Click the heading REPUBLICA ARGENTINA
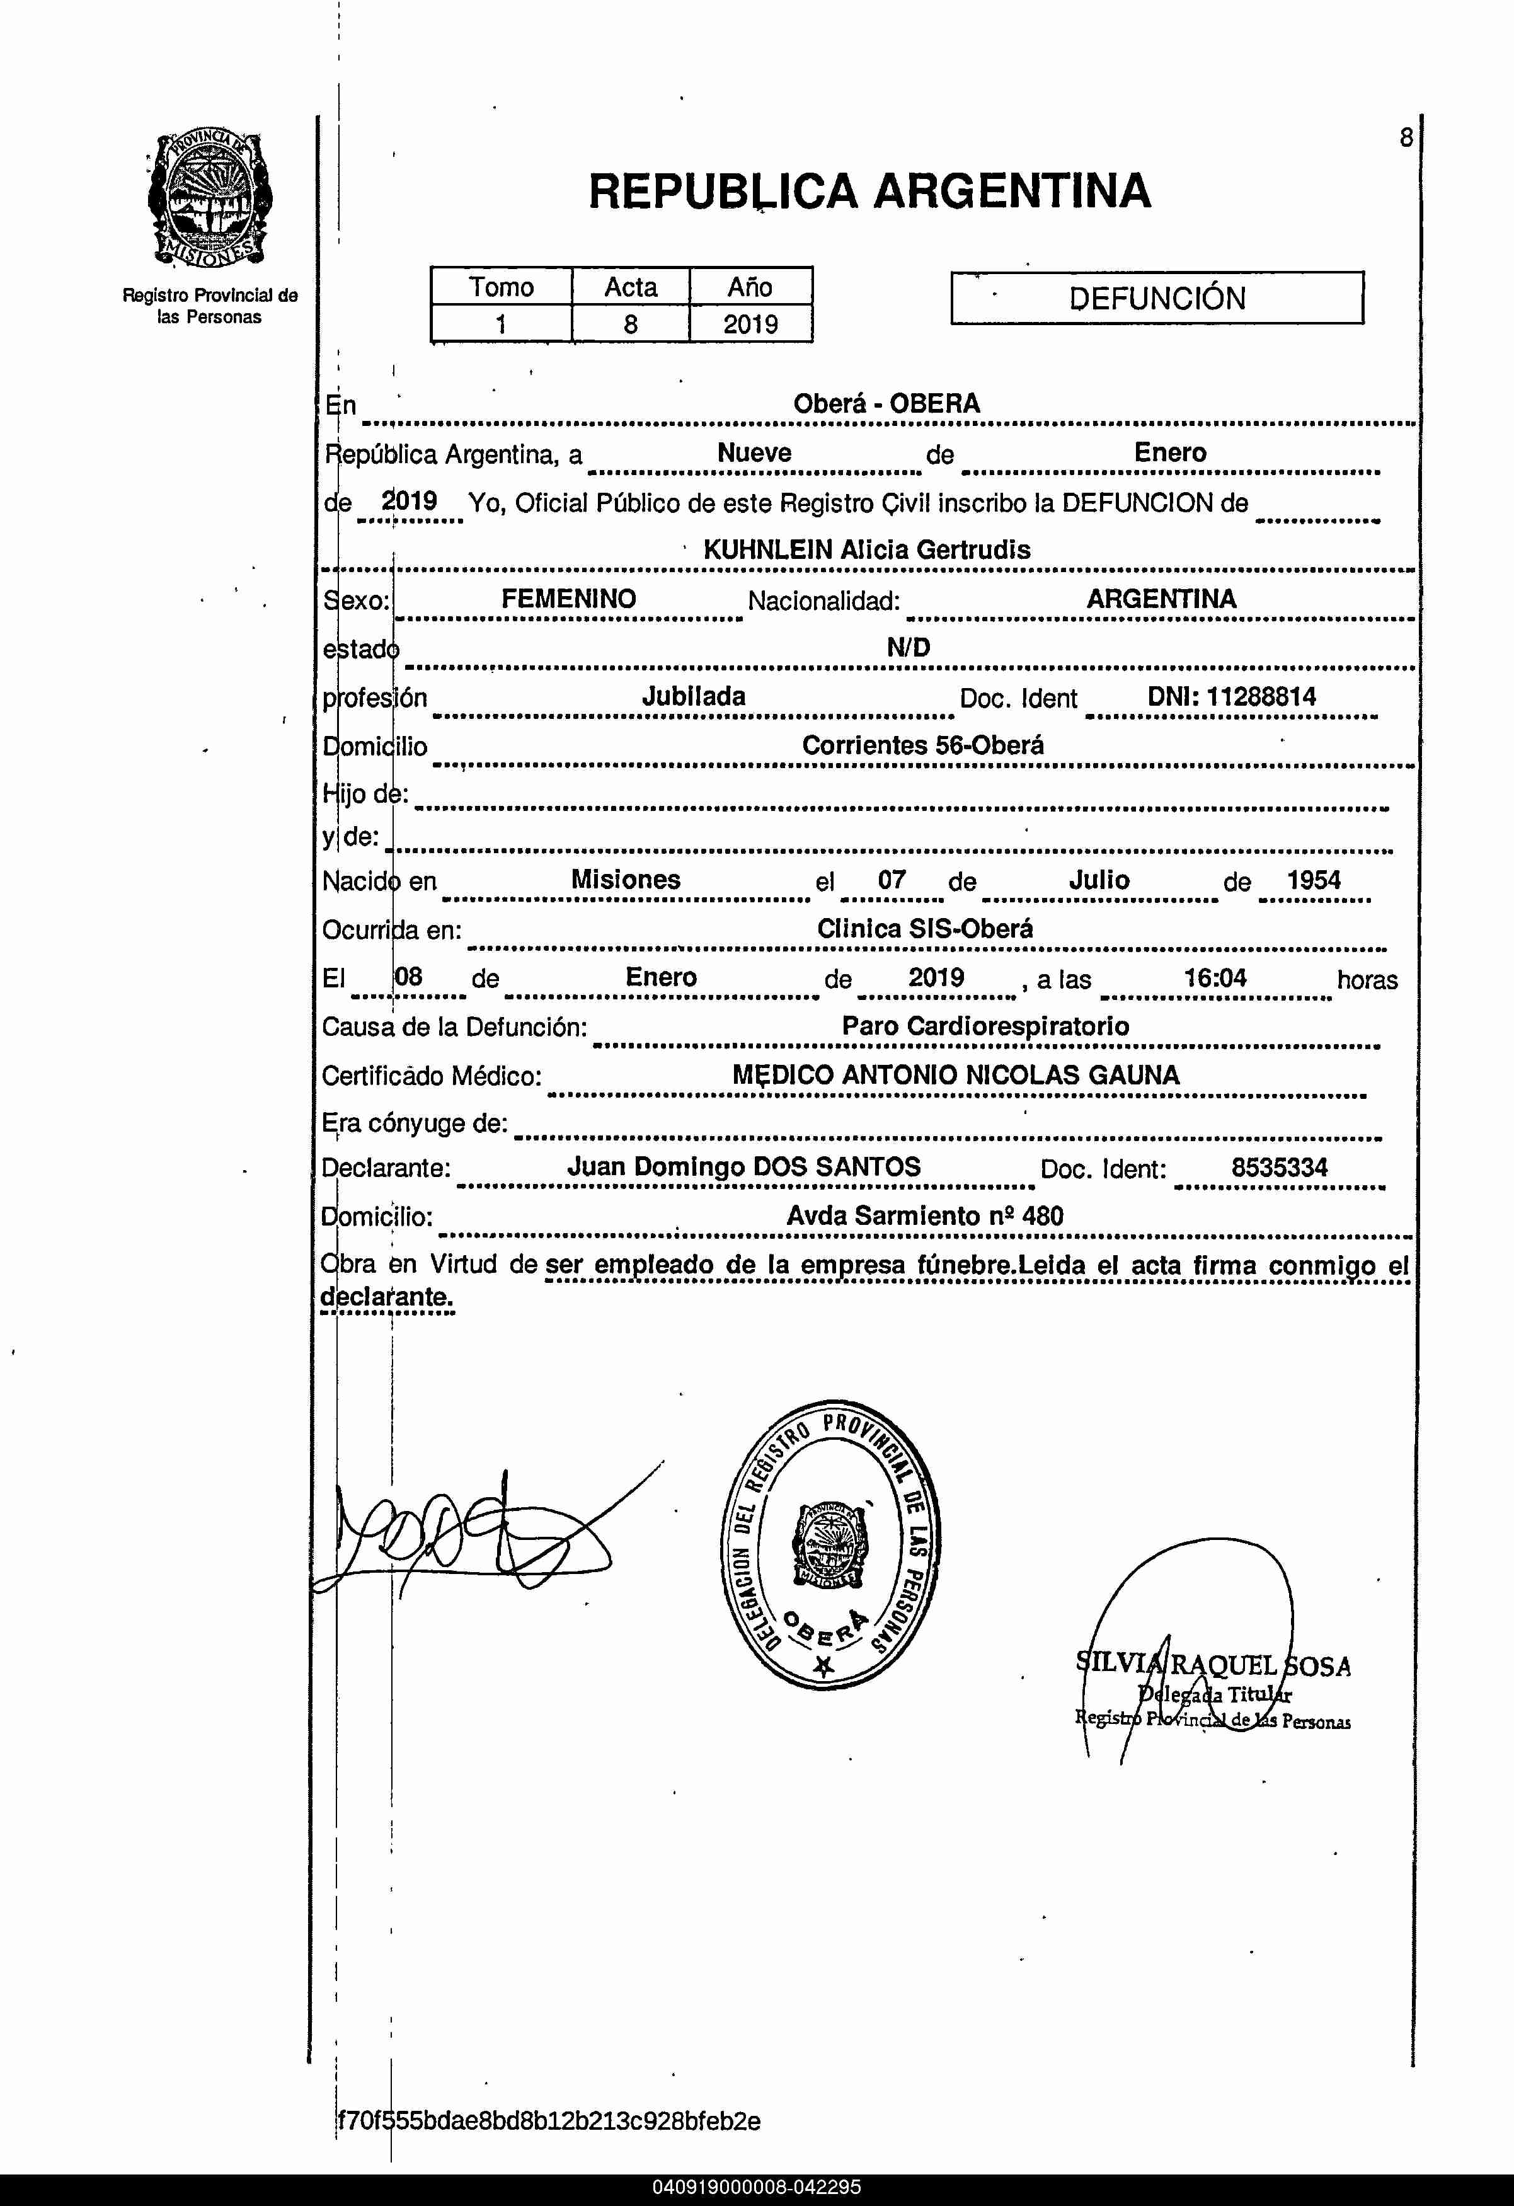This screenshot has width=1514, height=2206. click(869, 191)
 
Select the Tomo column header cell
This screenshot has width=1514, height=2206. click(501, 287)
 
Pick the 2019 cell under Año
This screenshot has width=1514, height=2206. click(750, 325)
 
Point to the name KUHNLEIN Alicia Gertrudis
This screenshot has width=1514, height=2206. click(867, 549)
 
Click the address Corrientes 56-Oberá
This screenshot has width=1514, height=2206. click(922, 745)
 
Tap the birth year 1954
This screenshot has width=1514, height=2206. click(1313, 880)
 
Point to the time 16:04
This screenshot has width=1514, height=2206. click(1215, 978)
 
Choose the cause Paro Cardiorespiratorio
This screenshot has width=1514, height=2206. click(985, 1026)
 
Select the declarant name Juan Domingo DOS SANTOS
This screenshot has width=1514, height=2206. click(743, 1166)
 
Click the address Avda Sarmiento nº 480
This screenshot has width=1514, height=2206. click(924, 1216)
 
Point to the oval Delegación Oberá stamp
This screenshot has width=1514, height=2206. click(830, 1544)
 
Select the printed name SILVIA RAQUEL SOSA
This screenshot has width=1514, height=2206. click(1213, 1665)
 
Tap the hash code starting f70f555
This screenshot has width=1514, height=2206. click(549, 2120)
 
